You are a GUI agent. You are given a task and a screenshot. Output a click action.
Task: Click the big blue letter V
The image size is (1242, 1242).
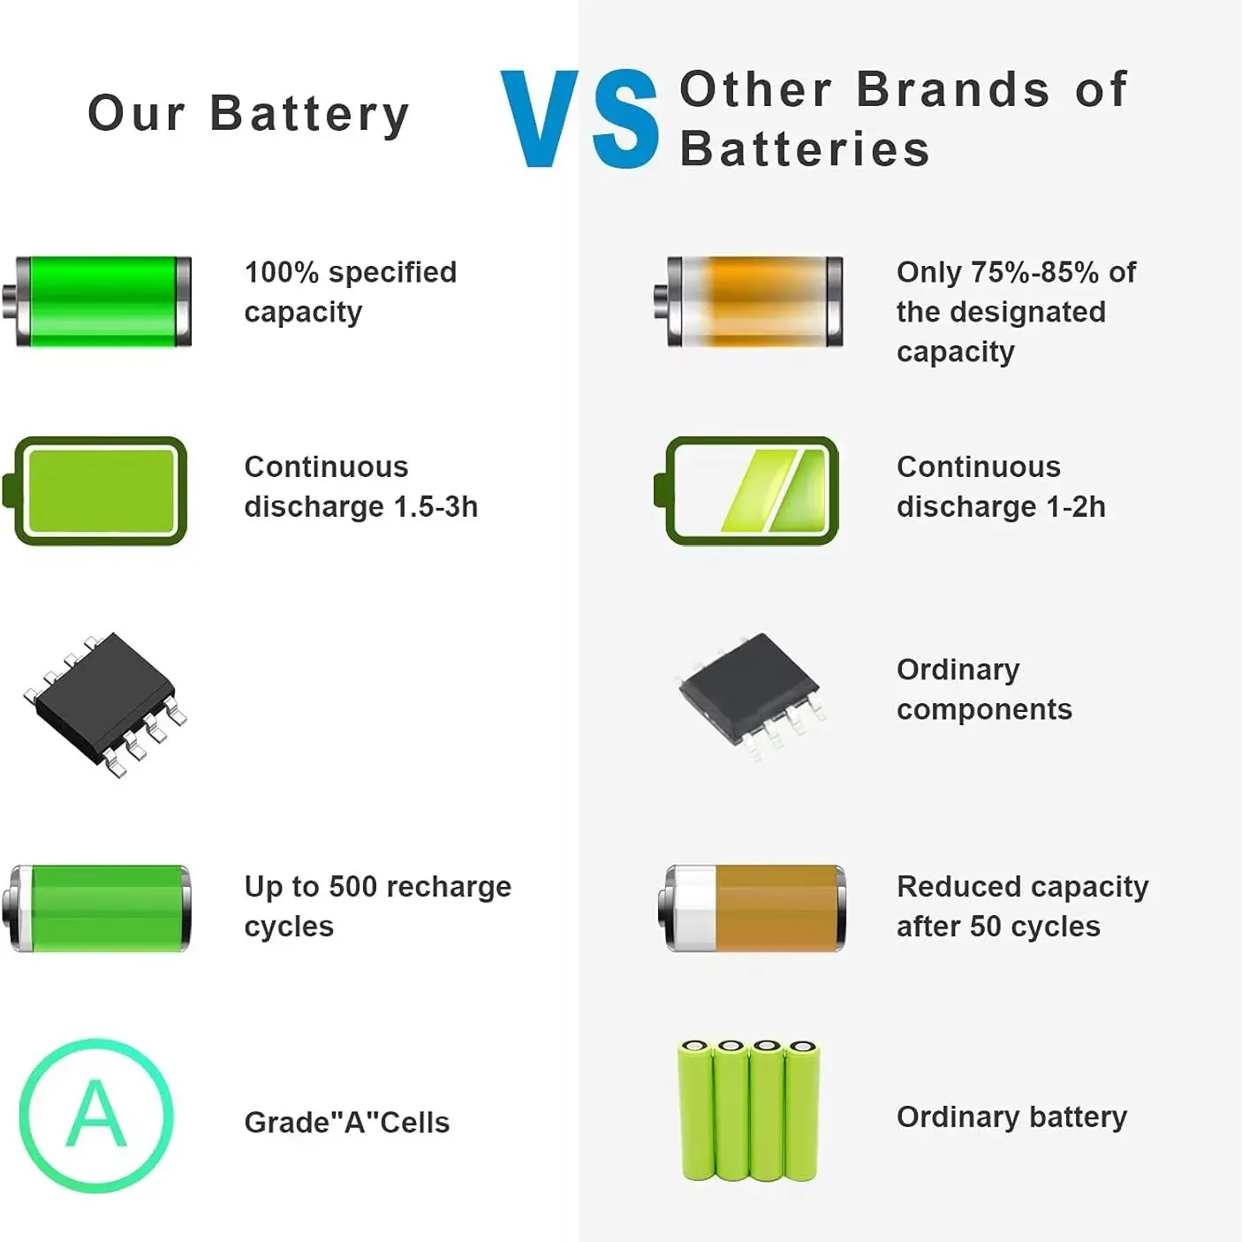tap(540, 118)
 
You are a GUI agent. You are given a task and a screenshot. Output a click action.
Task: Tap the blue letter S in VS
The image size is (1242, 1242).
tap(625, 118)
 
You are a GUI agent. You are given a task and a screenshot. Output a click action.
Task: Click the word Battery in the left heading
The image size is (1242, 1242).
tap(310, 115)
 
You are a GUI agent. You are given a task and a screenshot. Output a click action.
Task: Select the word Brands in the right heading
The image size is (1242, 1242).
tap(953, 89)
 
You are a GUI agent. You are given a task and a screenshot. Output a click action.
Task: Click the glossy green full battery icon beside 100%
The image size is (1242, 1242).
tap(96, 301)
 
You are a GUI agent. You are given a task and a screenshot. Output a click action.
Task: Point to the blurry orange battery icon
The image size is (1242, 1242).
tap(748, 301)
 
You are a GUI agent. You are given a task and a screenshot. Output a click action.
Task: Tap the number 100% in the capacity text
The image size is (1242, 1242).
tap(282, 272)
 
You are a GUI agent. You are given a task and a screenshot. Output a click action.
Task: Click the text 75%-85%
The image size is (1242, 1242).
tap(1034, 272)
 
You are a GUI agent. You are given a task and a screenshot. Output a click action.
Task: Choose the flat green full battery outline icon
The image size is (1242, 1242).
tap(95, 490)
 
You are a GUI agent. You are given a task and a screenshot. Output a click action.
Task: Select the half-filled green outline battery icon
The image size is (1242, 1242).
tap(746, 490)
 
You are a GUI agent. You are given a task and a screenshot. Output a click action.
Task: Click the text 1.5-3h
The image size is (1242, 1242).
tap(435, 506)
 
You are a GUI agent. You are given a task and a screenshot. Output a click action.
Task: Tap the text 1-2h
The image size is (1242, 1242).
tap(1075, 506)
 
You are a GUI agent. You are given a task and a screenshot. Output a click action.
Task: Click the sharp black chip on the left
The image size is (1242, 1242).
tap(105, 704)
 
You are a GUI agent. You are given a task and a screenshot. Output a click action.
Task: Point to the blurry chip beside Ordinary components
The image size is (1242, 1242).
tap(751, 696)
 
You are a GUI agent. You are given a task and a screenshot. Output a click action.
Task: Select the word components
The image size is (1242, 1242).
tap(984, 709)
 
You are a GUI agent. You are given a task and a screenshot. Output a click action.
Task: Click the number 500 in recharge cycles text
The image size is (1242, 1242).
tap(353, 886)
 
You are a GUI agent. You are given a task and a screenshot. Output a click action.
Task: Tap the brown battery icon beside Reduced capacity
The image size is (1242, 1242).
tap(752, 908)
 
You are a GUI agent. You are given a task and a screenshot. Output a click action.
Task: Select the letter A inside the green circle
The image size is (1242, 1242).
tap(96, 1115)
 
